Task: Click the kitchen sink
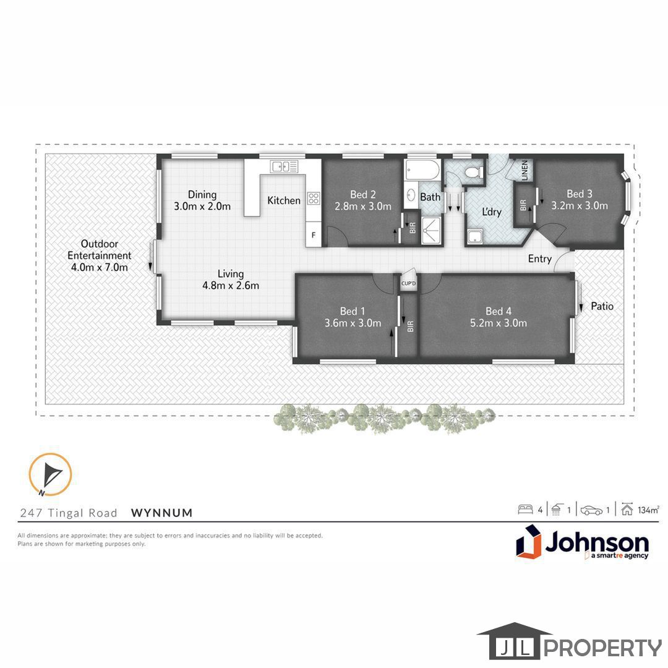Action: (284, 166)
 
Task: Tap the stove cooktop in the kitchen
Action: (314, 198)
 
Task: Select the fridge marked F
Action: (314, 234)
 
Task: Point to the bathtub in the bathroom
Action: (422, 170)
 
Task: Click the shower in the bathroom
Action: (430, 231)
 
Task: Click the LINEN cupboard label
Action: (525, 171)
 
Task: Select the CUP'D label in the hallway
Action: (409, 283)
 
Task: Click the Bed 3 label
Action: (580, 194)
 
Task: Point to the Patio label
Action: (602, 306)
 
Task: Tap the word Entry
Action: (540, 259)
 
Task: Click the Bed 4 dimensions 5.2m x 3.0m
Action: (499, 323)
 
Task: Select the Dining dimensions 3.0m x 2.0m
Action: (202, 207)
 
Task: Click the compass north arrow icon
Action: (50, 474)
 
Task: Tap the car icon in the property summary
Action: (592, 510)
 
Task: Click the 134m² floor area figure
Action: (649, 510)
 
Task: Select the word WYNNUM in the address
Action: (162, 513)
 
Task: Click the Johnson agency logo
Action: (583, 541)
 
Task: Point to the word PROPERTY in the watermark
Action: (603, 648)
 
